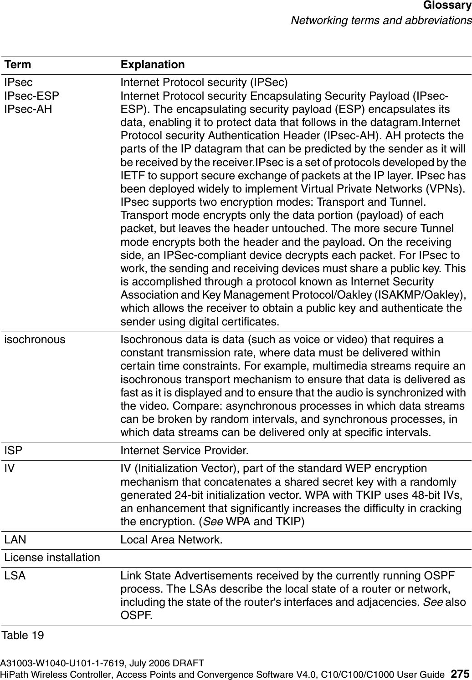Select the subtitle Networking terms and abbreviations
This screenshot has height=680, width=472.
coord(381,20)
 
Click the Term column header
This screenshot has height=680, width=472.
coord(18,65)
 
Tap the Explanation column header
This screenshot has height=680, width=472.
coord(153,65)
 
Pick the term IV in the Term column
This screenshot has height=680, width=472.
coord(9,468)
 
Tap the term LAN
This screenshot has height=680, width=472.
coord(15,540)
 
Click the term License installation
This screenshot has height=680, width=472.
coord(52,558)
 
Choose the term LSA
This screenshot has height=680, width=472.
coord(15,575)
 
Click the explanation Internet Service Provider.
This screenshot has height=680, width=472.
coord(185,451)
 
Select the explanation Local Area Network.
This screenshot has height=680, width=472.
coord(172,540)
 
